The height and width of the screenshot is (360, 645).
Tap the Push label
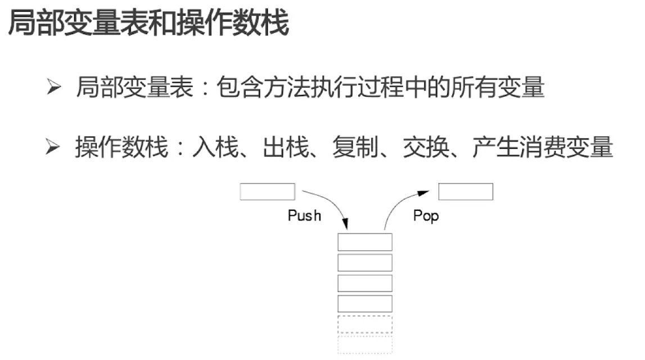point(304,215)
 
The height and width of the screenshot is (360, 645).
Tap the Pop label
point(426,215)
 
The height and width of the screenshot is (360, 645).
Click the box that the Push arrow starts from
point(267,192)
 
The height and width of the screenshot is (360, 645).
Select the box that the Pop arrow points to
point(466,192)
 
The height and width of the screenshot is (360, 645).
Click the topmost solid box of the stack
point(365,242)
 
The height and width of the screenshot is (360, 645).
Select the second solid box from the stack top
point(365,263)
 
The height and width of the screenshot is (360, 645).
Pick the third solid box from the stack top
point(365,283)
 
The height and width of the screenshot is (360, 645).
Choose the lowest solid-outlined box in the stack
point(365,304)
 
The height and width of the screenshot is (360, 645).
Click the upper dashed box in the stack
point(365,325)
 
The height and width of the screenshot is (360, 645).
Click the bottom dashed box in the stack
point(365,344)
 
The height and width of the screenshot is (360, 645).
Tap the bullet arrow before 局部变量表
point(53,88)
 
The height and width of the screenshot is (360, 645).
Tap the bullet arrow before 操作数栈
point(53,148)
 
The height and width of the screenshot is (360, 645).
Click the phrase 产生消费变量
point(543,148)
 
